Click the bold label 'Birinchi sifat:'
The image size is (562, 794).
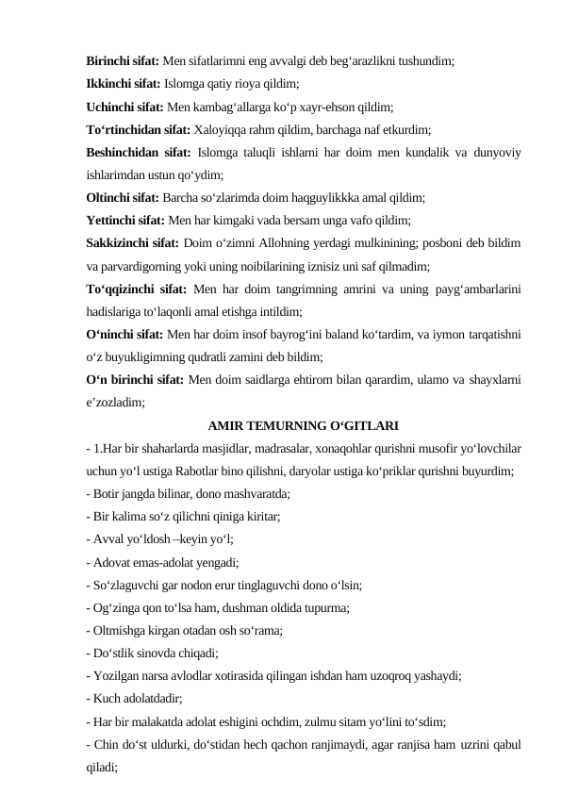[122, 59]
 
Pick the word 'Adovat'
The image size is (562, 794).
[110, 563]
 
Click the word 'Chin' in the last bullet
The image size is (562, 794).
[105, 745]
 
